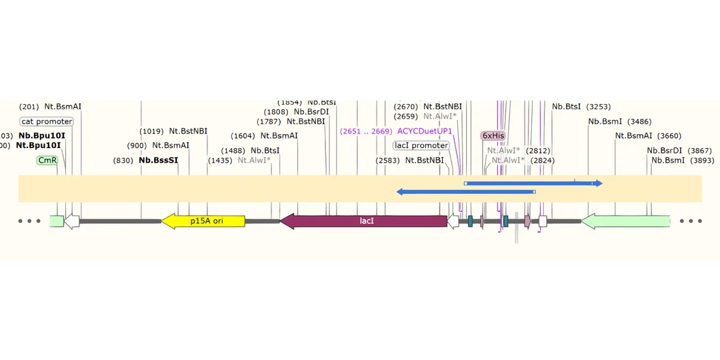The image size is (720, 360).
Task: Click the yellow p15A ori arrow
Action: (x=203, y=221)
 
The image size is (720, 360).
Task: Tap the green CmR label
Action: (x=47, y=160)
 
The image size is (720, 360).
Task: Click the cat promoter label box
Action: (x=47, y=121)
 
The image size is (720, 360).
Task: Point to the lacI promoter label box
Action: (x=421, y=145)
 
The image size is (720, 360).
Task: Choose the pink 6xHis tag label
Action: (x=493, y=135)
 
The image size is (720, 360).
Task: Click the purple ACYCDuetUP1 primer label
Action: (x=425, y=131)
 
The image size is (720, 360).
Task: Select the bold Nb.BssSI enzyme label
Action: (x=159, y=160)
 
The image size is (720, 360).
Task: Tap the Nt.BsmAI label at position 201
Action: (x=63, y=107)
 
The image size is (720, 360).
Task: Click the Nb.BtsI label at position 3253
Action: (x=566, y=107)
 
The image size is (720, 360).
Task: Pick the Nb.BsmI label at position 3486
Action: (x=605, y=121)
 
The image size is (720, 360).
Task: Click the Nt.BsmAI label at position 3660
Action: (x=634, y=135)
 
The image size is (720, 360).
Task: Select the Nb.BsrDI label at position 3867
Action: (x=665, y=151)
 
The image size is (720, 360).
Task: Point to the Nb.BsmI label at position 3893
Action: (x=668, y=160)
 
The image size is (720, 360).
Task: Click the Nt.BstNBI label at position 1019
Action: (x=188, y=131)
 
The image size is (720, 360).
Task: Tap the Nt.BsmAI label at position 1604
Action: (x=279, y=135)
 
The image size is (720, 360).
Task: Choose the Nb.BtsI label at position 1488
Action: (x=265, y=151)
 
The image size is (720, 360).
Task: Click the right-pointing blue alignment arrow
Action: (x=533, y=183)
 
